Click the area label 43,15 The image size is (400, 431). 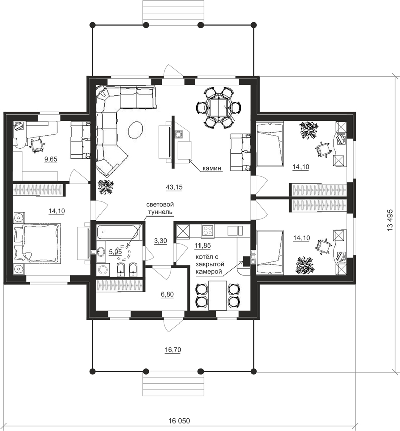pyautogui.click(x=174, y=187)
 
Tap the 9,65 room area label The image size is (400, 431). pyautogui.click(x=51, y=159)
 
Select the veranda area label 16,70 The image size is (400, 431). pyautogui.click(x=173, y=350)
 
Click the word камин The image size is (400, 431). pyautogui.click(x=212, y=168)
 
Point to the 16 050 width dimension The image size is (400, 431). pyautogui.click(x=179, y=421)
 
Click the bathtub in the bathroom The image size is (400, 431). pyautogui.click(x=118, y=232)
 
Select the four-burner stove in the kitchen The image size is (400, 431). pyautogui.click(x=208, y=231)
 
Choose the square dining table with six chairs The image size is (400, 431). pyautogui.click(x=219, y=107)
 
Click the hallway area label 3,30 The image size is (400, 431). pyautogui.click(x=160, y=241)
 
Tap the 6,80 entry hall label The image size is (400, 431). pyautogui.click(x=167, y=295)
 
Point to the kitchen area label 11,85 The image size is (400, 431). pyautogui.click(x=203, y=245)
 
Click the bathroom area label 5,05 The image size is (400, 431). pyautogui.click(x=115, y=252)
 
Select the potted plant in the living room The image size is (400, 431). pyautogui.click(x=106, y=187)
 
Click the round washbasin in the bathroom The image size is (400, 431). pyautogui.click(x=101, y=251)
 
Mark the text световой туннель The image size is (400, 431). pyautogui.click(x=160, y=208)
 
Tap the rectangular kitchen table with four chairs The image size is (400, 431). pyautogui.click(x=218, y=295)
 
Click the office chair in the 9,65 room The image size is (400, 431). pyautogui.click(x=37, y=145)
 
